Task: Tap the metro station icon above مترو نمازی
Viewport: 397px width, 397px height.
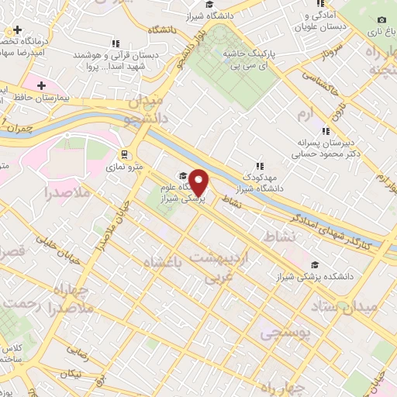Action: [124, 154]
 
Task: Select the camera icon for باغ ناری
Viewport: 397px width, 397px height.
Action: [381, 20]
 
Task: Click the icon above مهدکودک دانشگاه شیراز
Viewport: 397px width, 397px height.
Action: [261, 164]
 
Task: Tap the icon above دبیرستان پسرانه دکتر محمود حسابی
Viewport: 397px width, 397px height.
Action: [326, 131]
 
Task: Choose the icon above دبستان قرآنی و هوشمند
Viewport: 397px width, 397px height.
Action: [115, 43]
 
